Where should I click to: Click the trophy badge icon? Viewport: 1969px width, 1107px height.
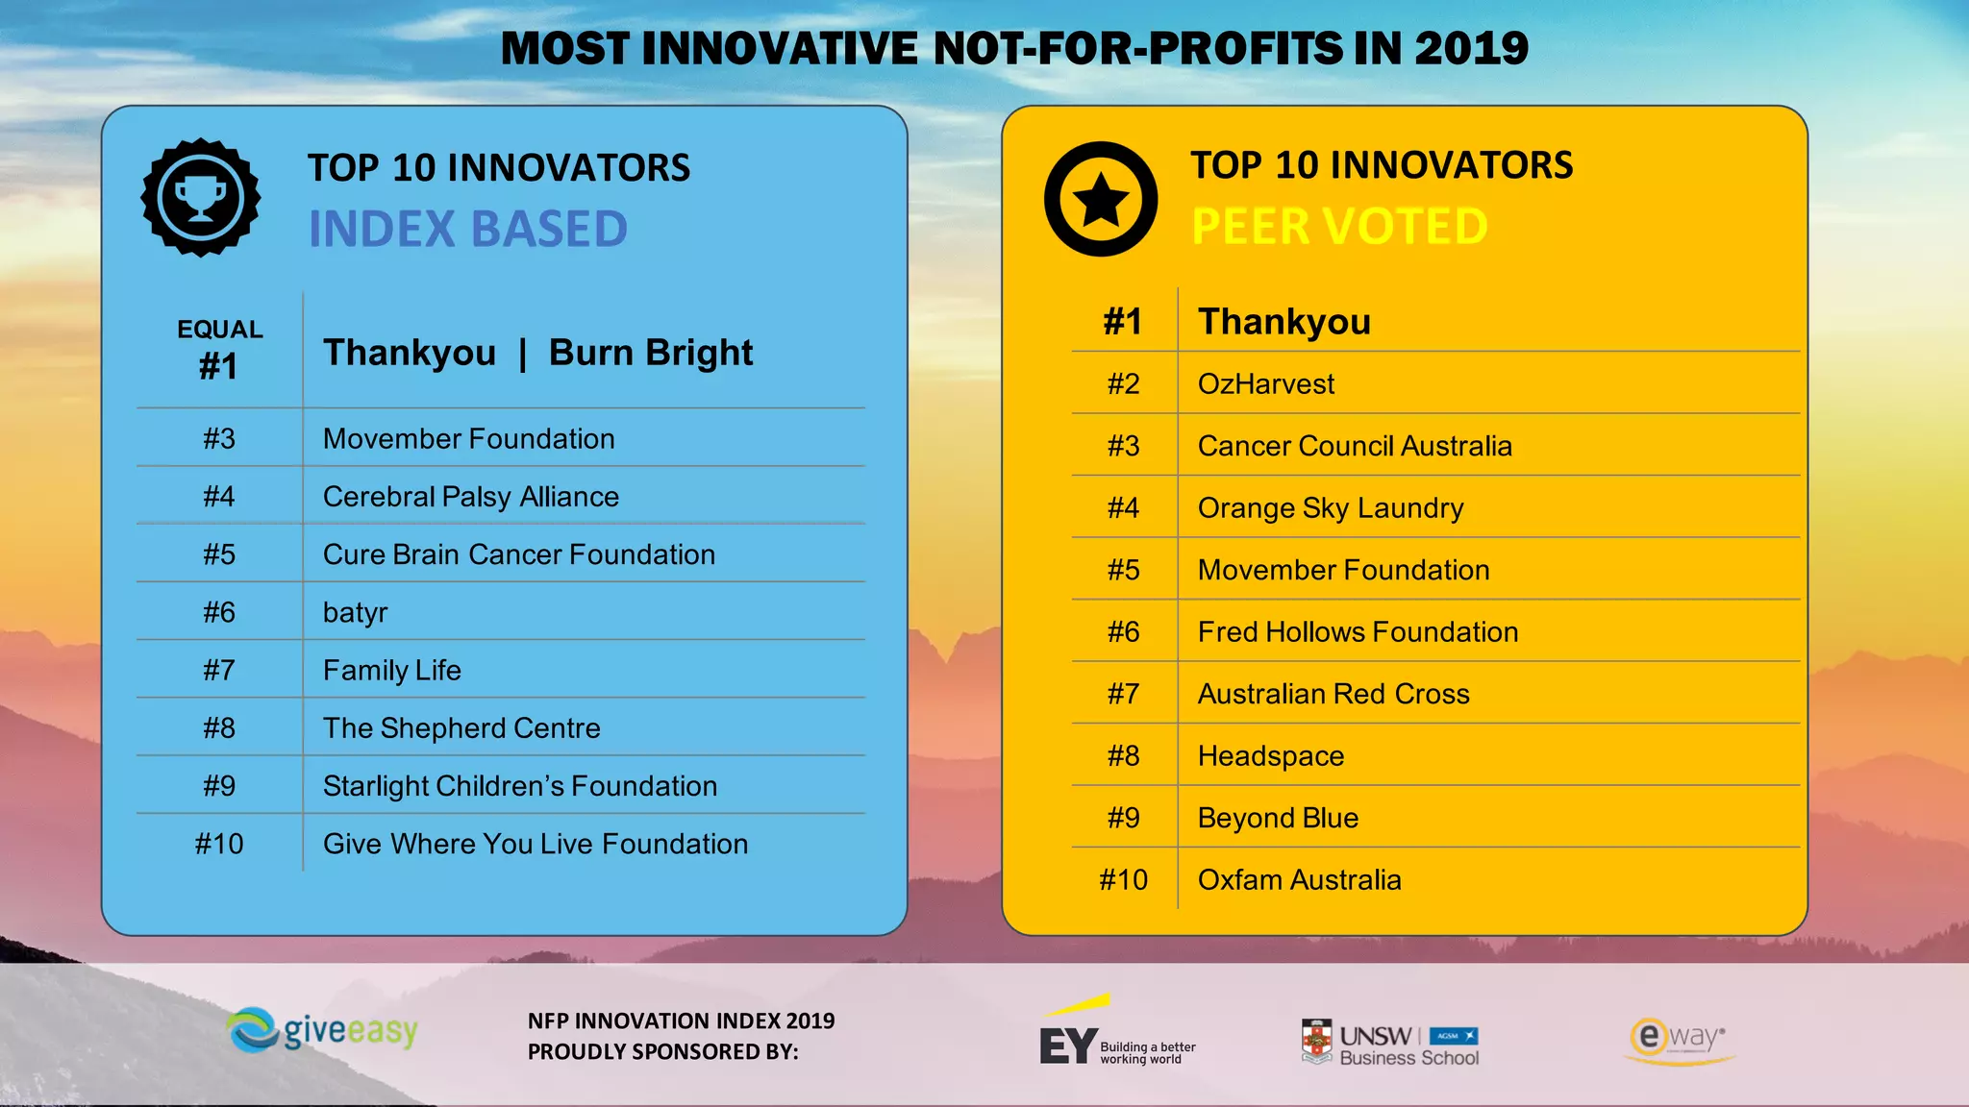coord(201,198)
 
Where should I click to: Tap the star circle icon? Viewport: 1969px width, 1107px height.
coord(1101,199)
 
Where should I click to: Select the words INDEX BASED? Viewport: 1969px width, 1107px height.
coord(467,229)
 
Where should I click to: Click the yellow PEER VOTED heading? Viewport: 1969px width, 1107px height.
coord(1339,227)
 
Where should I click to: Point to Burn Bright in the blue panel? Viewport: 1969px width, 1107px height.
coord(651,353)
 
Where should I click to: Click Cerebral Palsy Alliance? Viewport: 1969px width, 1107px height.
coord(471,497)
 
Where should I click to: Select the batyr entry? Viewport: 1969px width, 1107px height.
coord(356,612)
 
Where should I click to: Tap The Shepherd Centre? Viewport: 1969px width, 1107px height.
coord(461,728)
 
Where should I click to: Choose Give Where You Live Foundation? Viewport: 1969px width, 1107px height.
coord(536,844)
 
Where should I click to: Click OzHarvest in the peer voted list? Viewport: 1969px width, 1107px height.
coord(1266,384)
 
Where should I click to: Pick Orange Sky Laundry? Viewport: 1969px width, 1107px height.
coord(1331,508)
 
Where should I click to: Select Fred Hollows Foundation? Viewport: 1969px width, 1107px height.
coord(1358,632)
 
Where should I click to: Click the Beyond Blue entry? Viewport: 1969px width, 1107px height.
coord(1278,818)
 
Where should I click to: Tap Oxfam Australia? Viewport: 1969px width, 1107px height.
coord(1299,880)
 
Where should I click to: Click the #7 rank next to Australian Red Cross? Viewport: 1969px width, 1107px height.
coord(1123,694)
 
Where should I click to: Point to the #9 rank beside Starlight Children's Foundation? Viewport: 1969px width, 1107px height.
coord(219,786)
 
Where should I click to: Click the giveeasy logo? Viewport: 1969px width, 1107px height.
coord(323,1031)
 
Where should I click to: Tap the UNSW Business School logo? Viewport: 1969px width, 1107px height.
coord(1390,1044)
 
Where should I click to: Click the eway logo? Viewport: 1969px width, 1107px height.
coord(1679,1040)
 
